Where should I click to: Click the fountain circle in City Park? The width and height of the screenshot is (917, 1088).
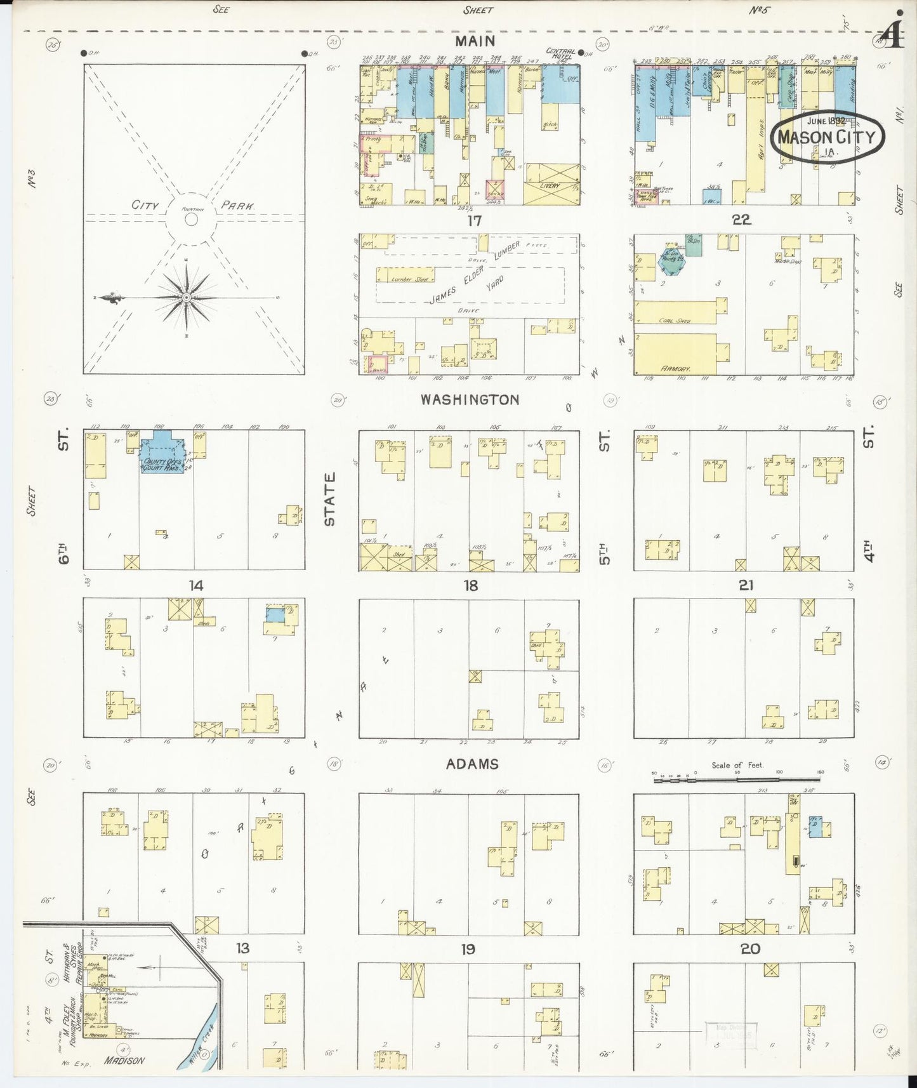coord(190,219)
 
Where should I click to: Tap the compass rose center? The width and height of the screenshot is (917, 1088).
coord(187,298)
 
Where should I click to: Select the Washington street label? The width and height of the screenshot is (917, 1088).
coord(470,400)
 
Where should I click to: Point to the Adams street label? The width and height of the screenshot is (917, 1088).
coord(472,764)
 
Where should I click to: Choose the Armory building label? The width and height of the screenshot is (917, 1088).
coord(675,369)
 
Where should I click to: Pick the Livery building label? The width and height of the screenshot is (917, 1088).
coord(550,185)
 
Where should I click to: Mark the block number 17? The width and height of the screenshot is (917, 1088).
coord(473,221)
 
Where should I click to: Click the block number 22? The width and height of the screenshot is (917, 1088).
coord(741,220)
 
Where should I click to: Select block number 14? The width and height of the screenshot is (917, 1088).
coord(196,585)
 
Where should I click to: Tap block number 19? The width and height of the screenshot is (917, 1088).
coord(468,950)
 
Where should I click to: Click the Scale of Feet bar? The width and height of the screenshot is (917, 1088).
coord(736,774)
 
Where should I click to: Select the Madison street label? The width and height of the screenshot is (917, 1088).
coord(125,1061)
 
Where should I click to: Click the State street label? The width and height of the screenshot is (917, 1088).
coord(330,499)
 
